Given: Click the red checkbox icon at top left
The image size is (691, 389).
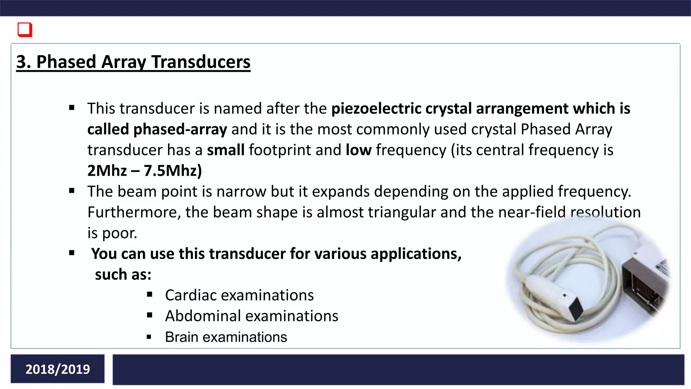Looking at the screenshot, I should [25, 30].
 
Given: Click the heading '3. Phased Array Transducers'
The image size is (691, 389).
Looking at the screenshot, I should [133, 62].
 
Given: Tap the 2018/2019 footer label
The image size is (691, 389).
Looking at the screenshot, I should [58, 369].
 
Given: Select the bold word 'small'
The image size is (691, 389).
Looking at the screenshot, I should [226, 150].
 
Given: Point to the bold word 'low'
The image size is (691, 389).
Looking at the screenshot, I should [358, 150].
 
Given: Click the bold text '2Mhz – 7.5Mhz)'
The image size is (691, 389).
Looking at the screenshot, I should [144, 171].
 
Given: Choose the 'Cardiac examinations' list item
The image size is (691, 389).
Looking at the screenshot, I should [239, 295].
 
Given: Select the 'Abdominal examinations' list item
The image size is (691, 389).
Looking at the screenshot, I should [251, 316].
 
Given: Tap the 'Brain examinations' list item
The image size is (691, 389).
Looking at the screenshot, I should [226, 337].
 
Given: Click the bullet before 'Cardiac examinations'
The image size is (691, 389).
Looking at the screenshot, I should [150, 295].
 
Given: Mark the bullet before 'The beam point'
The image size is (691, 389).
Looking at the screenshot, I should [72, 191].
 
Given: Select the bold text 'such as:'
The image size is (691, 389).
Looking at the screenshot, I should [123, 275].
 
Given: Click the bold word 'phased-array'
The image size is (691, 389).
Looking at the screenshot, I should [180, 129].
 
